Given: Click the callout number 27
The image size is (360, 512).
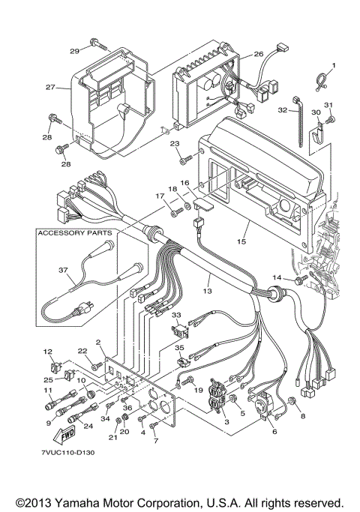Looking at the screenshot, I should click(50, 88).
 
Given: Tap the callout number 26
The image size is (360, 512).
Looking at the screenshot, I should click(258, 55).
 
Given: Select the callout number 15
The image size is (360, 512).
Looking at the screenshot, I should click(241, 242).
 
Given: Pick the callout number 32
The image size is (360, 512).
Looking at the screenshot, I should click(282, 110).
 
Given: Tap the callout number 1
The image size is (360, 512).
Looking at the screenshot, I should click(333, 65).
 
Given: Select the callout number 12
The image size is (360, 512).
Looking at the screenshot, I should click(47, 352).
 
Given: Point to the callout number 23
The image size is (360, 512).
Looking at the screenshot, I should click(175, 143).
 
